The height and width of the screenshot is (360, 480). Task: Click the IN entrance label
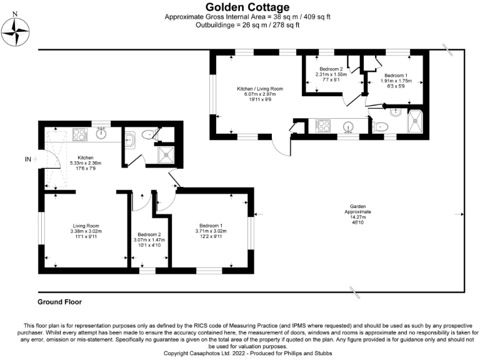pyautogui.click(x=27, y=159)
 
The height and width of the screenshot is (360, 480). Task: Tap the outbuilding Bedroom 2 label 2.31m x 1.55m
pyautogui.click(x=331, y=73)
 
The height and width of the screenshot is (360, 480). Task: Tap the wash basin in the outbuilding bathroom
pyautogui.click(x=395, y=112)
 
